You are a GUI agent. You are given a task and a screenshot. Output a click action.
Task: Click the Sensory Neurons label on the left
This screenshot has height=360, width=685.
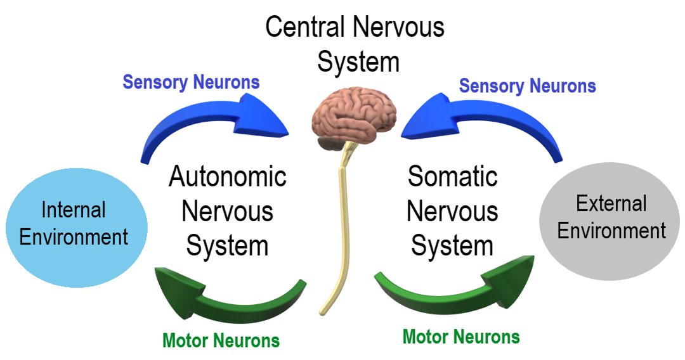tap(191, 82)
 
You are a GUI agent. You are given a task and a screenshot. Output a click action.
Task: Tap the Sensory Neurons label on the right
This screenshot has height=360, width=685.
tap(527, 86)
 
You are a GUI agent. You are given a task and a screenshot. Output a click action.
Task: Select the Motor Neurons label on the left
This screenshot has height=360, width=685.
tap(221, 340)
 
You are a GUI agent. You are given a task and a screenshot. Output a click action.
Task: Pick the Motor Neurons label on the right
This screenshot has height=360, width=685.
tap(461, 337)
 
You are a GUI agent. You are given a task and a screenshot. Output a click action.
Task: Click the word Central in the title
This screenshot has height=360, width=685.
tap(306, 28)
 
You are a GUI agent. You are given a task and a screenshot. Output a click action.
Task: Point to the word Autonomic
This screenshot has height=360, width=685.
tap(227, 177)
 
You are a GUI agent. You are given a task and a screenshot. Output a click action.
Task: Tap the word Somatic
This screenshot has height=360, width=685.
tap(452, 177)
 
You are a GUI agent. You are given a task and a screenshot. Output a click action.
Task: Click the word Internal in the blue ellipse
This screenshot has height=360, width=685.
tap(74, 210)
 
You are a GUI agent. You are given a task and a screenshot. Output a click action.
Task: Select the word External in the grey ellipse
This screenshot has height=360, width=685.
tap(611, 203)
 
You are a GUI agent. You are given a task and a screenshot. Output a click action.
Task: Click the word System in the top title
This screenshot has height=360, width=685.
tap(358, 61)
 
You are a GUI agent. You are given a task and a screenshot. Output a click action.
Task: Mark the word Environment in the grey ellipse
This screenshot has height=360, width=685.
tap(611, 231)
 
